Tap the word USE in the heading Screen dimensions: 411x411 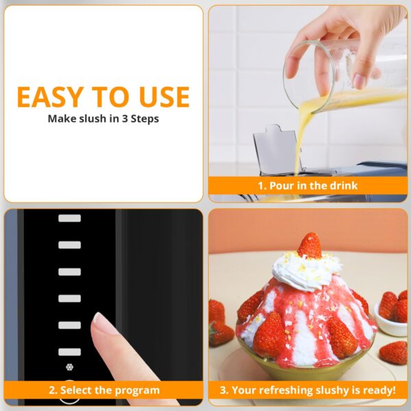coord(164,97)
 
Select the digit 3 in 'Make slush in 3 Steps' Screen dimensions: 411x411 coord(125,119)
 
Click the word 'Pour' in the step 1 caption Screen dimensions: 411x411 coord(281,186)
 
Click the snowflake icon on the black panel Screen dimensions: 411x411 coord(69,367)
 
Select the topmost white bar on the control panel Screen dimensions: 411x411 coord(69,218)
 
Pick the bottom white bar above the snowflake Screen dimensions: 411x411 coord(69,352)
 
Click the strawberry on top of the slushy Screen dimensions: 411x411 coord(310,245)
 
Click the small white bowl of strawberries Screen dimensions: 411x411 coord(390,319)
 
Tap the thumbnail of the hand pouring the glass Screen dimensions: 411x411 coord(360,81)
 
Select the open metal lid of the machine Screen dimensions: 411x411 coord(276,149)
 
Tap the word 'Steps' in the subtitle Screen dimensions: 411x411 coord(145,119)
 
